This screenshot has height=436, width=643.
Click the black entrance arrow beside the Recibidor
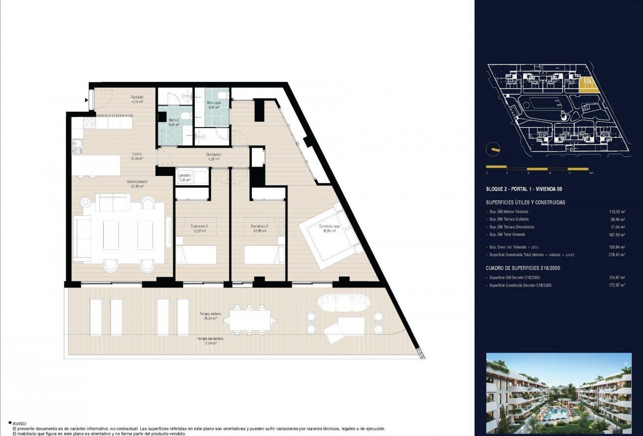click(x=87, y=100)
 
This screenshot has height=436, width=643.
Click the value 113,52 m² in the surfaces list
click(x=617, y=212)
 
